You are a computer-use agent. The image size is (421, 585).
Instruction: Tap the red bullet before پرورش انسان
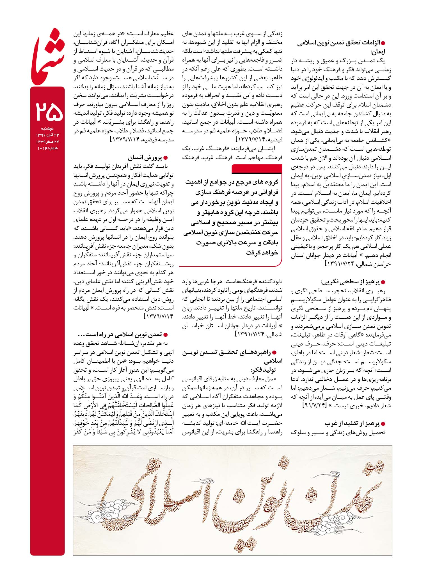pos(166,158)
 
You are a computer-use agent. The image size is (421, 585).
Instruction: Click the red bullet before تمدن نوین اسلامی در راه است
pos(166,335)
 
